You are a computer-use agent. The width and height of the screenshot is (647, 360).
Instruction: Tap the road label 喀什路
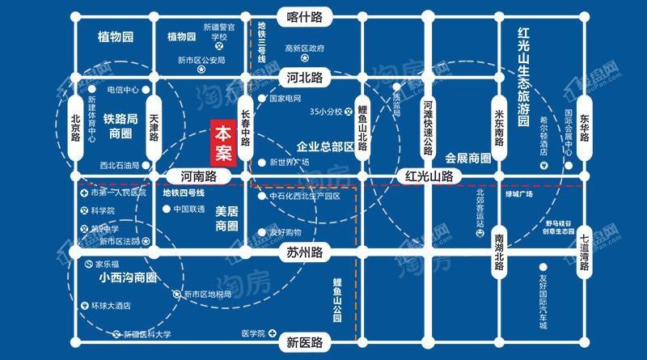point(305,16)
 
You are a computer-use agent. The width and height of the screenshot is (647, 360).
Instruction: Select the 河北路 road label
point(305,78)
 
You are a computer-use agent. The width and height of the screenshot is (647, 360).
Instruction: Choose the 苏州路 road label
point(305,252)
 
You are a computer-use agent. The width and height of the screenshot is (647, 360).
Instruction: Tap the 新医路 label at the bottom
point(305,341)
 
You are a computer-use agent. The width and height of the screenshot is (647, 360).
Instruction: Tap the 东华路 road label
point(584,127)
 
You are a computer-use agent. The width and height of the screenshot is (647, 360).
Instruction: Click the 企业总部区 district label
point(325,146)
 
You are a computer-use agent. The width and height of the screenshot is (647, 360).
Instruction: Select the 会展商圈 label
point(467,158)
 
